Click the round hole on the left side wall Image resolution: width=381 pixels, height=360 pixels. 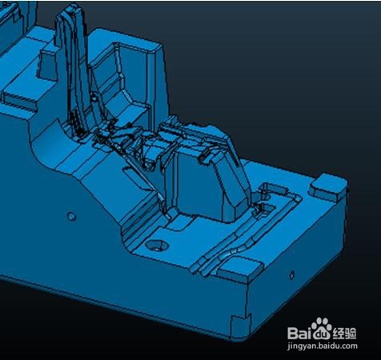click(x=71, y=216)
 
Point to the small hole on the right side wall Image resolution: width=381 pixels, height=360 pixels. click(x=291, y=274)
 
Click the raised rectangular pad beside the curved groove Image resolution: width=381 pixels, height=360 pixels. click(x=239, y=270)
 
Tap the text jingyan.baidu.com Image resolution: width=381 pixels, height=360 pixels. click(x=323, y=346)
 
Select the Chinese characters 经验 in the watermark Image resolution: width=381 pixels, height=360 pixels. click(x=345, y=333)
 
